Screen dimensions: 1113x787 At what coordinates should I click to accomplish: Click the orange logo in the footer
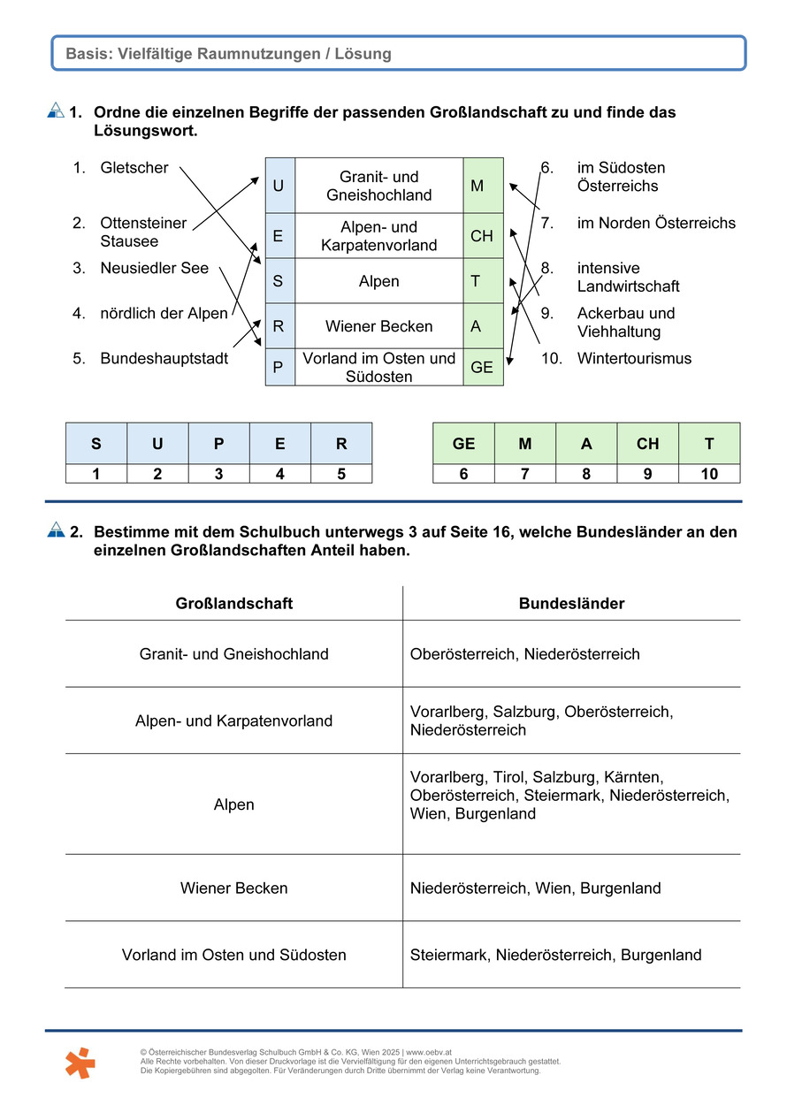(80, 1062)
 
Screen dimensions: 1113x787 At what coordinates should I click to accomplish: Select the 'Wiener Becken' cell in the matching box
(378, 326)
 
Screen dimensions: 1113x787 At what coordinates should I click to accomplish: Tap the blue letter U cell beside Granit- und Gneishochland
(279, 186)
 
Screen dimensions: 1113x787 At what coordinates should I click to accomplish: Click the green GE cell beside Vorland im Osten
(483, 367)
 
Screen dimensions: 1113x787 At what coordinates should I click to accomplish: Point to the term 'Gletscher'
(134, 168)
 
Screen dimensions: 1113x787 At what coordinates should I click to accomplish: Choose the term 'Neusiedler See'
(154, 268)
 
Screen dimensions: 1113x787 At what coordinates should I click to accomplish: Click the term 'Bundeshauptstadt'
(164, 359)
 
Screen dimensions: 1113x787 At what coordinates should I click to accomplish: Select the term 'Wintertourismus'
(634, 359)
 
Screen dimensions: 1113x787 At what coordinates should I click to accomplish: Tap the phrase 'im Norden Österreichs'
(655, 223)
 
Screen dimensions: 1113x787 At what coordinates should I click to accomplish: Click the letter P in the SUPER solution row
(218, 444)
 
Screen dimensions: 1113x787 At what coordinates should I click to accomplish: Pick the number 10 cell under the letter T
(709, 474)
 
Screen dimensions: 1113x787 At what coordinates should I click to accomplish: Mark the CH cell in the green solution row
(647, 444)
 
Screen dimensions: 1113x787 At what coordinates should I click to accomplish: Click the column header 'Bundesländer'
(571, 604)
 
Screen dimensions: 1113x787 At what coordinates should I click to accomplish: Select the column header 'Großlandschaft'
(234, 604)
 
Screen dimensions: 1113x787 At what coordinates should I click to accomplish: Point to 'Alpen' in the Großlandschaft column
(234, 804)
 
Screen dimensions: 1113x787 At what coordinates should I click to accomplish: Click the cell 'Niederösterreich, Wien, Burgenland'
(535, 888)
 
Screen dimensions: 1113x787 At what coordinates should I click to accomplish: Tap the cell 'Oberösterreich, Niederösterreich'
(524, 654)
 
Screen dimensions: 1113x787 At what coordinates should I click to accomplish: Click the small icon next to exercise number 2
(56, 530)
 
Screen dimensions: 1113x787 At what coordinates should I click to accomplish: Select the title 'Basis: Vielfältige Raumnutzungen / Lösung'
(228, 54)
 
